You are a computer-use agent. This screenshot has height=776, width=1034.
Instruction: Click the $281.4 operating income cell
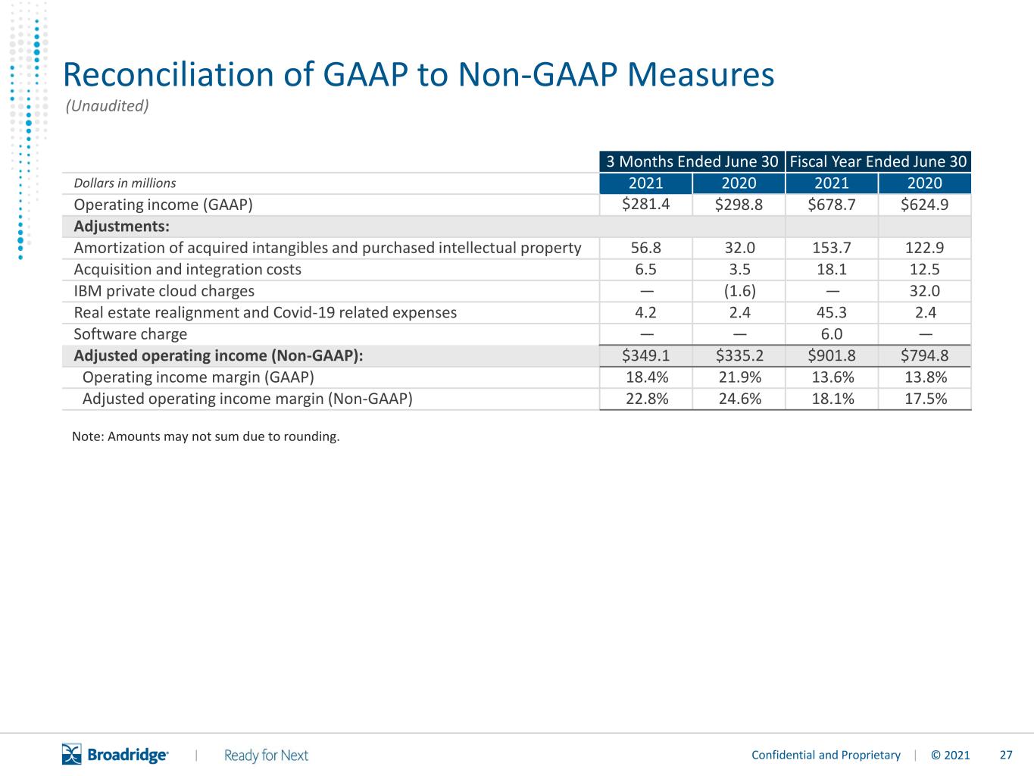[x=645, y=205]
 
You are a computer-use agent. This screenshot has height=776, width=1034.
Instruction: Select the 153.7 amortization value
[x=832, y=248]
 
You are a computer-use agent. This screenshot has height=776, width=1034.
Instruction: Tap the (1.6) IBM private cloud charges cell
[x=739, y=291]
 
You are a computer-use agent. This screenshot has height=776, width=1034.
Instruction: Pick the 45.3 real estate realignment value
[x=832, y=312]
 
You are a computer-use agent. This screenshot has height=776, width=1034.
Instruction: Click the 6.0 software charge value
[x=832, y=334]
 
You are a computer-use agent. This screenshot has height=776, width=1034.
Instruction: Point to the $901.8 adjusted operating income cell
[x=832, y=355]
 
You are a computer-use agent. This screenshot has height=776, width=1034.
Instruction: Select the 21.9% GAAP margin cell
[x=739, y=377]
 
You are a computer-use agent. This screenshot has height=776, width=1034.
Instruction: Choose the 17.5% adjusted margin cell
[x=925, y=399]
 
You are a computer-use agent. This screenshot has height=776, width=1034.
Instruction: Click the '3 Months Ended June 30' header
[x=692, y=161]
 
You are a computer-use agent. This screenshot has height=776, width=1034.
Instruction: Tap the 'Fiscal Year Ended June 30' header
[x=878, y=161]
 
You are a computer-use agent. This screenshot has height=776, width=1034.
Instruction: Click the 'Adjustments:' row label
[x=121, y=226]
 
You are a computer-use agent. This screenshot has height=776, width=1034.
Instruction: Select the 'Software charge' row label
[x=130, y=334]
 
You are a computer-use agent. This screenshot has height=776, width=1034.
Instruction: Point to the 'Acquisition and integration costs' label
[x=188, y=270]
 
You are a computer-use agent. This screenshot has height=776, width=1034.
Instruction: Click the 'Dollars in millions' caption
[x=125, y=183]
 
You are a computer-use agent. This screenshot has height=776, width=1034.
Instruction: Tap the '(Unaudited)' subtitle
[x=108, y=105]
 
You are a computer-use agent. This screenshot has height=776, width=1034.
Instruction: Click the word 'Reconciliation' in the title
[x=168, y=74]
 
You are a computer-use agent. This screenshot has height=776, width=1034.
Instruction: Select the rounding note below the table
[x=206, y=436]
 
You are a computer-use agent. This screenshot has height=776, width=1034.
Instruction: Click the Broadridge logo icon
[x=72, y=754]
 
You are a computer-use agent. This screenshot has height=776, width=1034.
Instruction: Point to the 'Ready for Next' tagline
[x=266, y=756]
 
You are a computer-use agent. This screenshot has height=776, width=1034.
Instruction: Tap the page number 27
[x=1006, y=755]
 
